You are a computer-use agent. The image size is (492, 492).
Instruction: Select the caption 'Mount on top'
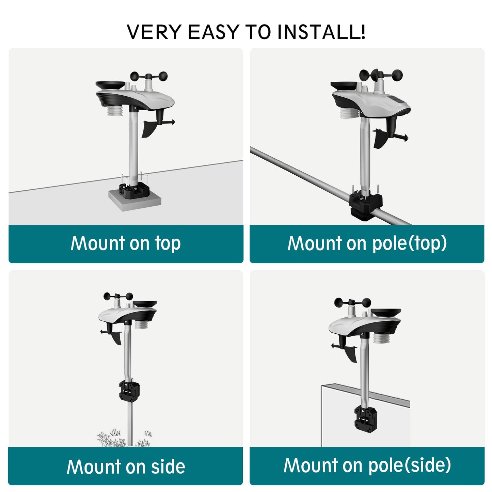[x=126, y=243]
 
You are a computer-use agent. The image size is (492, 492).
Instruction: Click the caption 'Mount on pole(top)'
[x=367, y=243]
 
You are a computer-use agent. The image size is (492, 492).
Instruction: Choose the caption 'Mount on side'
[x=126, y=466]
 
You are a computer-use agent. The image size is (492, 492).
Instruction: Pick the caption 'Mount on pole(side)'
[x=367, y=466]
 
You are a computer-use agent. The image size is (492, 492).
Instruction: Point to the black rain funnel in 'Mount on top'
[x=110, y=85]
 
